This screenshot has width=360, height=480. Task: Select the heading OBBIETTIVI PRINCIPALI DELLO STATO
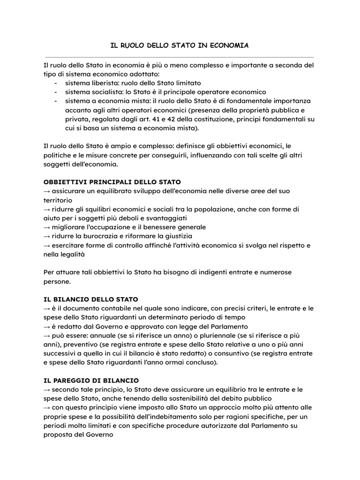[x=112, y=181]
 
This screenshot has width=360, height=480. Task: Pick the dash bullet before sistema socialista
[x=56, y=92]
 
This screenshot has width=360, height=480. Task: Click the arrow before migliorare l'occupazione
[x=47, y=227]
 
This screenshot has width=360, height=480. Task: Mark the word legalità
[x=73, y=254]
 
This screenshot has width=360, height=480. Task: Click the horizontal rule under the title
[x=180, y=56]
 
